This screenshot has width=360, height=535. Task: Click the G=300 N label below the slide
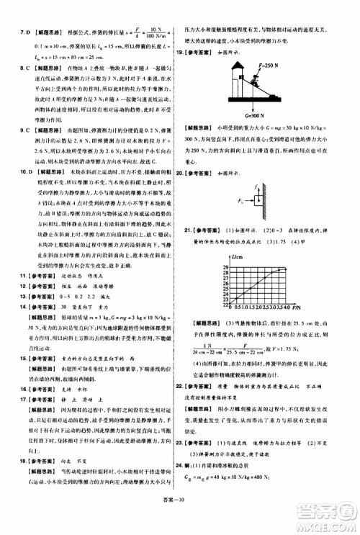[x=248, y=114]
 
